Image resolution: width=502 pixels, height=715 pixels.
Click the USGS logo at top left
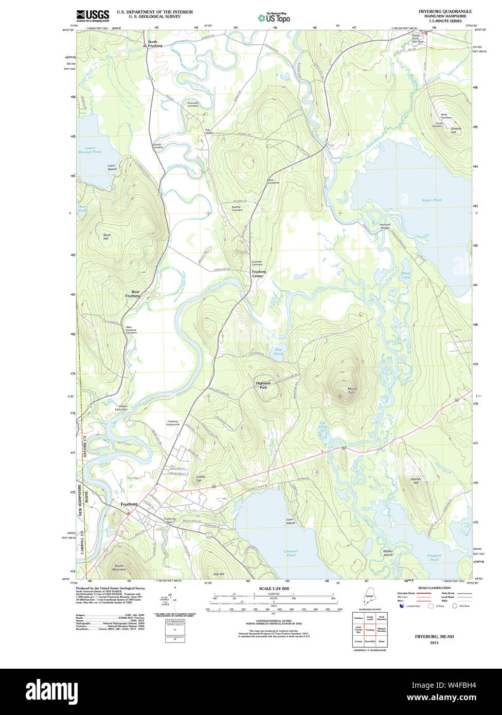[93, 15]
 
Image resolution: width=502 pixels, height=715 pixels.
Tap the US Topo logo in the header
[274, 17]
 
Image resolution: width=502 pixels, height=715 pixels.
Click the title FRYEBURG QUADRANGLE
[445, 11]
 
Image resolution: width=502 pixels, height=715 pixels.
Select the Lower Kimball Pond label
[93, 150]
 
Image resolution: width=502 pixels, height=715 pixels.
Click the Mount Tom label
[352, 390]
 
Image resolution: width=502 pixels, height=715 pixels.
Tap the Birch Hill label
[106, 237]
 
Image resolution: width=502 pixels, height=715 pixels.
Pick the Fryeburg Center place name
[258, 274]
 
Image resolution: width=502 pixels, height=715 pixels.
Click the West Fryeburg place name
[132, 294]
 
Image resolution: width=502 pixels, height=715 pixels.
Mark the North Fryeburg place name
[155, 44]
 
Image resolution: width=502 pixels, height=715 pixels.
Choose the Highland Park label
[262, 386]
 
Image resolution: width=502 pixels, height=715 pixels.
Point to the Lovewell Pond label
[290, 553]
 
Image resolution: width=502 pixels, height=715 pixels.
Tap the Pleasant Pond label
[434, 558]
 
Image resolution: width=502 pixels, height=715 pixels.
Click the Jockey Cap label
[200, 478]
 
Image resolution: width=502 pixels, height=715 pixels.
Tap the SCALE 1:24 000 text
[274, 588]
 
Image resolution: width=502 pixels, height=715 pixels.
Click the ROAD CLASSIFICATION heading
[434, 588]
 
